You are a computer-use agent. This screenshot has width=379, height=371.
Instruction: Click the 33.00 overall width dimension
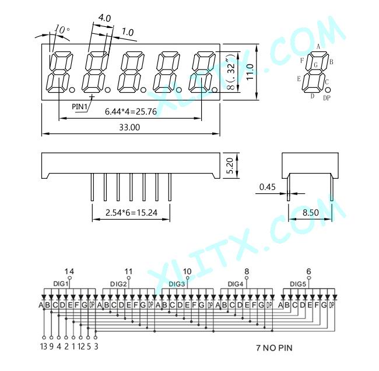[129, 127]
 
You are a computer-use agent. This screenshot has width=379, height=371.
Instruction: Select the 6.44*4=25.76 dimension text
[131, 112]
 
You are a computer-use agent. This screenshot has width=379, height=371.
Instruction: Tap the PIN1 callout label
[79, 106]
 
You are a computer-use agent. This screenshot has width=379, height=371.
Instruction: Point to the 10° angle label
[62, 30]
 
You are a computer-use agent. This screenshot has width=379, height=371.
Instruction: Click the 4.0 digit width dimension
[104, 18]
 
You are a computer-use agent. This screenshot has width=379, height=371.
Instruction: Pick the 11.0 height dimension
[250, 72]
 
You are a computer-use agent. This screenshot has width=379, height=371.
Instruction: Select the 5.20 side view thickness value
[230, 166]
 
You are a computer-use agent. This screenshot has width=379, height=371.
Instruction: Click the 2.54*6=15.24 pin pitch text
[131, 213]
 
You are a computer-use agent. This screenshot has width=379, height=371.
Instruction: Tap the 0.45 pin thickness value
[267, 187]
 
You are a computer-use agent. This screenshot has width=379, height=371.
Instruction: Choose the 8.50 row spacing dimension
[311, 213]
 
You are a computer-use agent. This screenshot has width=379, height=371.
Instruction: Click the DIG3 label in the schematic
[177, 284]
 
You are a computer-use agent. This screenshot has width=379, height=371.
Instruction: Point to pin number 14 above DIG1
[69, 272]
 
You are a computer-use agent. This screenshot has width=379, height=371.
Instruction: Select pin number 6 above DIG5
[308, 272]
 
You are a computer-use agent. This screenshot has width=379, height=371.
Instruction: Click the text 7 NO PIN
[275, 348]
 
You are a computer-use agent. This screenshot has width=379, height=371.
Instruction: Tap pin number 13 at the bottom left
[44, 346]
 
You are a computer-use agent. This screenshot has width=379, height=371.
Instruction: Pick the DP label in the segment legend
[327, 98]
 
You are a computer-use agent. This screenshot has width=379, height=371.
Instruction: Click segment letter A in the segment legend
[318, 47]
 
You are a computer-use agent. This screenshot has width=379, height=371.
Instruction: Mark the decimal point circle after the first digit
[72, 90]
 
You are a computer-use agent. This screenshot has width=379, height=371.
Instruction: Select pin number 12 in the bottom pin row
[81, 346]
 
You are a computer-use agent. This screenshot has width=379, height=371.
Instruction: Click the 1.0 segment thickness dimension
[127, 32]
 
